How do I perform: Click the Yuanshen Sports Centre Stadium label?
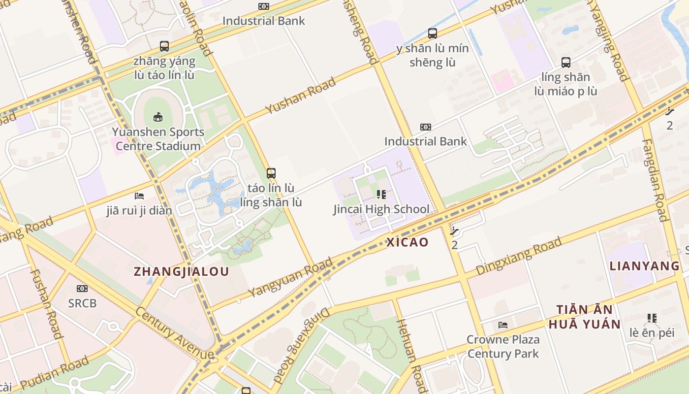(x=157, y=139)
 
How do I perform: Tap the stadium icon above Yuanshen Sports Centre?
(x=158, y=117)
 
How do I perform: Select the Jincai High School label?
(x=381, y=209)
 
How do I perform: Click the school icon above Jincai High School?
(x=381, y=195)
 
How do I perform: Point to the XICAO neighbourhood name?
(x=407, y=242)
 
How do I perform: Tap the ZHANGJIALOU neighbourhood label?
(x=182, y=271)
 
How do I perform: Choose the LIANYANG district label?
(x=644, y=266)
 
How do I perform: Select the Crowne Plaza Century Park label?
(x=503, y=347)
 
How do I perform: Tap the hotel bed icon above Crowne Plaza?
(x=503, y=325)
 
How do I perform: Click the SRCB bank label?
(x=83, y=303)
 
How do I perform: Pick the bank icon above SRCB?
(x=82, y=289)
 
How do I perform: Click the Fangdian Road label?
(x=655, y=179)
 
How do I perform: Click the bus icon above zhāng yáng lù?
(x=164, y=46)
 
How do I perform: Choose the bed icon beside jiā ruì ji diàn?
(x=139, y=196)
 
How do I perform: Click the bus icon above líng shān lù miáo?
(x=566, y=63)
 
